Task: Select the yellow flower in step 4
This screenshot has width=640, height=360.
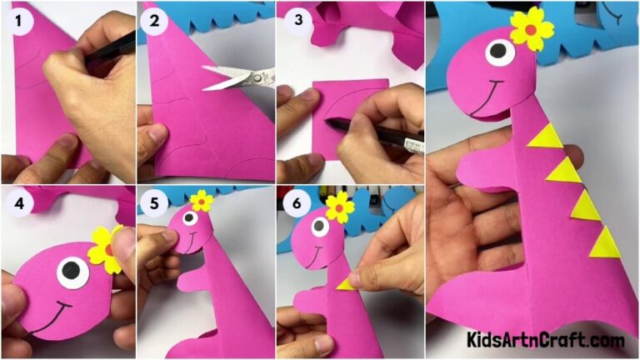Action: tap(107, 247)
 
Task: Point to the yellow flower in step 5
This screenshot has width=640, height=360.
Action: tap(201, 201)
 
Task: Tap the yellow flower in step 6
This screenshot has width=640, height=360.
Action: tap(339, 206)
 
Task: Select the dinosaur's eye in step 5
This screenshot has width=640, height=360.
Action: tap(190, 219)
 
